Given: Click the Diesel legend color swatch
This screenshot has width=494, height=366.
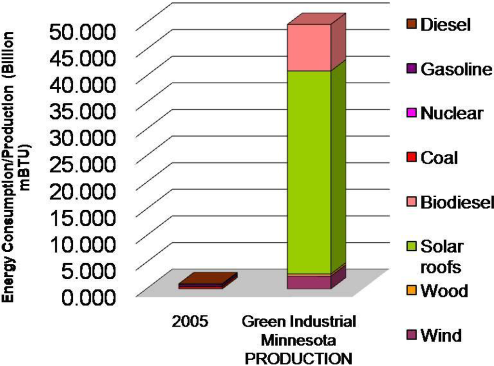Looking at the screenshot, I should (411, 25).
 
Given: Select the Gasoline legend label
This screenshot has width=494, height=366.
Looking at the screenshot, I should (456, 69).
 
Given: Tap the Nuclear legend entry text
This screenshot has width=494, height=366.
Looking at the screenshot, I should (452, 113).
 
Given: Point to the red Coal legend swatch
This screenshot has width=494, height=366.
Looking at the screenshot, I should (411, 158).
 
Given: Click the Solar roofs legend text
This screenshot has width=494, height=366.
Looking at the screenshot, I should (442, 257).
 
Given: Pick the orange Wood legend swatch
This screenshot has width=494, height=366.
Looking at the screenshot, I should (411, 291).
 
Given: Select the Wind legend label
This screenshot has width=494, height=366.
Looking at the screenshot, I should (441, 335).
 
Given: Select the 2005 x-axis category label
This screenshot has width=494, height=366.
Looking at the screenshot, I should (191, 322).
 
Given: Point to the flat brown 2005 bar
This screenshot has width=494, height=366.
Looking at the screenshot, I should (207, 280).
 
